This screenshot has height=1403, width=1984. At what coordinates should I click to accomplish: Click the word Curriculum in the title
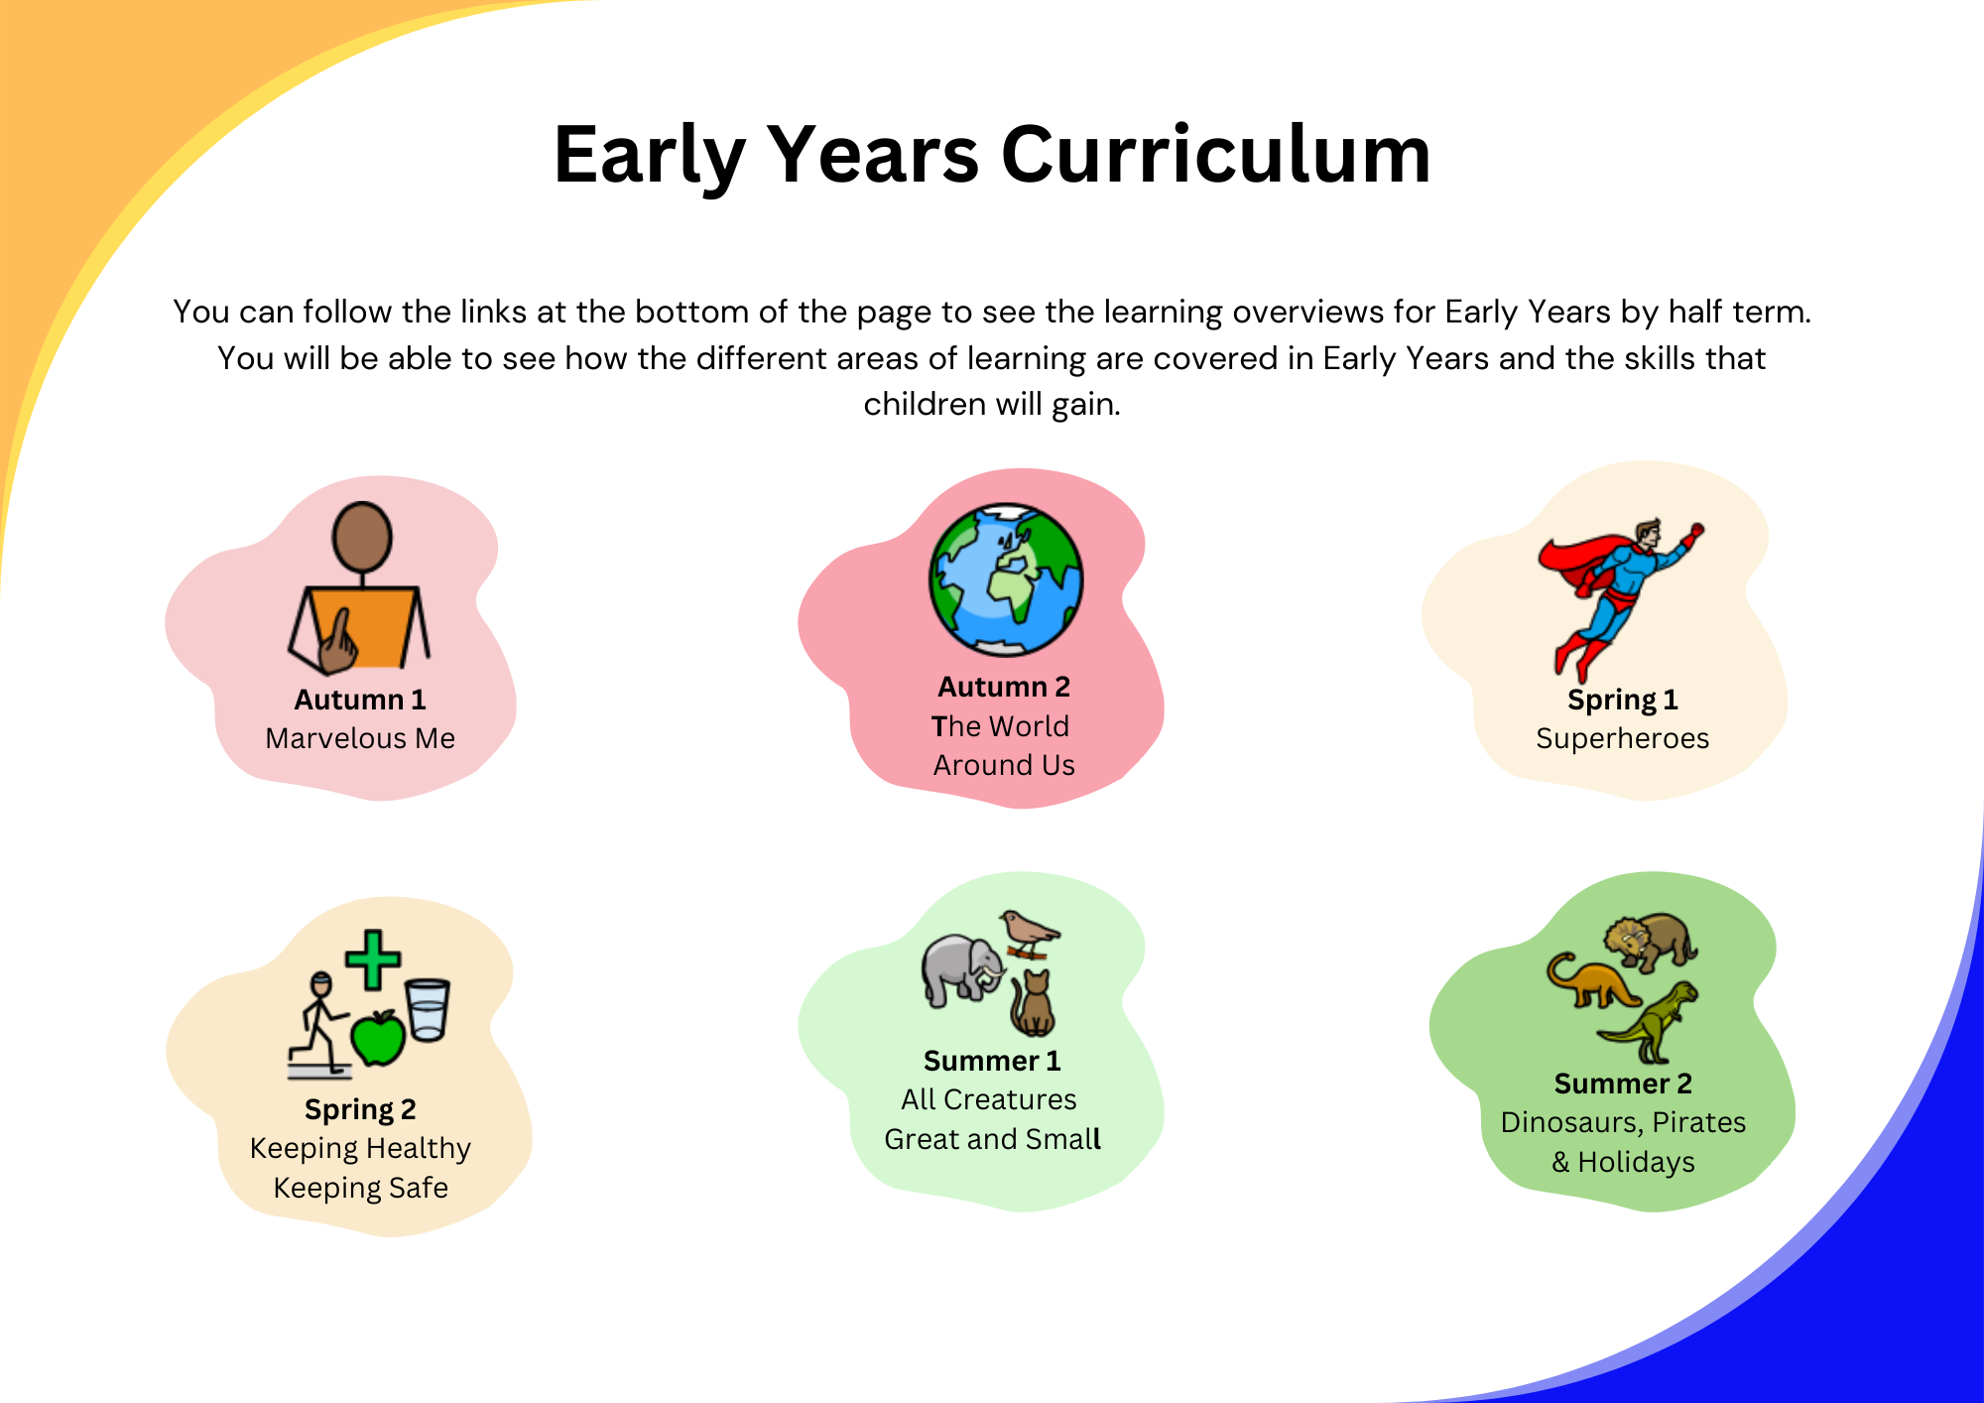pos(1216,155)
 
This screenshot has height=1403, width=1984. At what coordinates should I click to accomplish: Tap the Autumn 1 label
pos(360,700)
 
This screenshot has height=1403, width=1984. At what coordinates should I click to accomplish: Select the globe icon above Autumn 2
pos(1006,579)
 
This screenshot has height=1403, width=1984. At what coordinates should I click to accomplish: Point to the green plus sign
pos(373,959)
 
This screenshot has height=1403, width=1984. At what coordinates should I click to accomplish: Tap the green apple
pos(378,1038)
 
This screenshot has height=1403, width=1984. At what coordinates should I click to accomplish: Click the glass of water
pos(428,1009)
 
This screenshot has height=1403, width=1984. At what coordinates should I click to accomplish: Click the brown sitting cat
pos(1033,1003)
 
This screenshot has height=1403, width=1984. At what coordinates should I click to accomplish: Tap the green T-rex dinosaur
pos(1649,1022)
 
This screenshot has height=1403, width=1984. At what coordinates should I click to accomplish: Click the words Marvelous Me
pos(360,738)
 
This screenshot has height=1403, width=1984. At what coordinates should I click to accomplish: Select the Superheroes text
pos(1623,739)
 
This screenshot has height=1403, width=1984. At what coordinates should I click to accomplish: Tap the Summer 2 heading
pos(1623,1084)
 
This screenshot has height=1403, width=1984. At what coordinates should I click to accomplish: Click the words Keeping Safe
pos(361,1188)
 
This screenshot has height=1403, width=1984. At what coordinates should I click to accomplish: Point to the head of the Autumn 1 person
pos(362,537)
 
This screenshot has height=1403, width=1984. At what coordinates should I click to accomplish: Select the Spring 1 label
pos(1623,701)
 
